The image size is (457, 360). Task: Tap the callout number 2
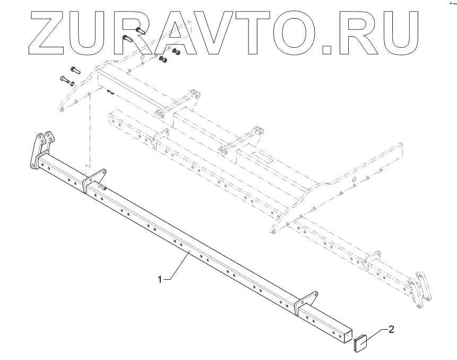tap(391, 330)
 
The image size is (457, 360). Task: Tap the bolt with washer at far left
tap(67, 81)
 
